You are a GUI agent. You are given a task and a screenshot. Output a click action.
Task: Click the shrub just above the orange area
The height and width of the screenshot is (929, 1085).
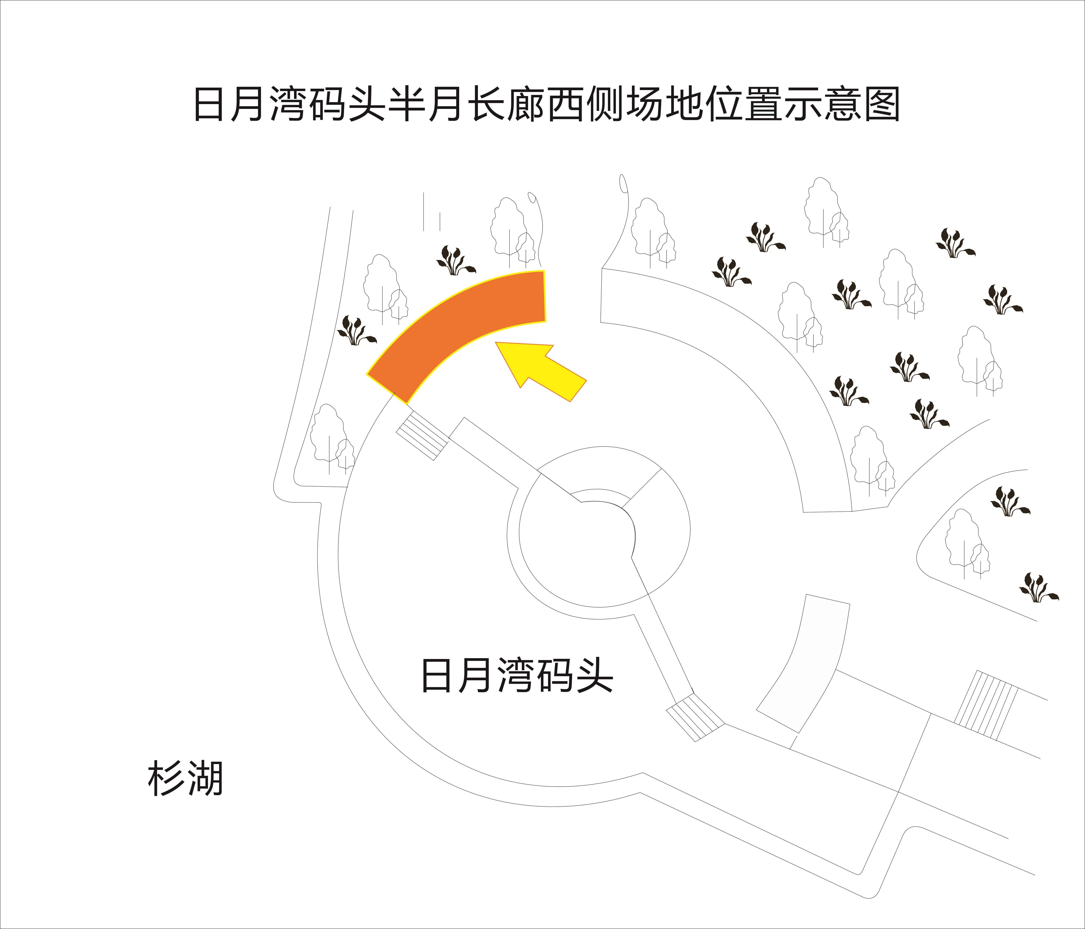click(455, 260)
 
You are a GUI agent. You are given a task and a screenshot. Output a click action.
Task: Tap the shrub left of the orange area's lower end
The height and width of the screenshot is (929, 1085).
click(356, 331)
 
